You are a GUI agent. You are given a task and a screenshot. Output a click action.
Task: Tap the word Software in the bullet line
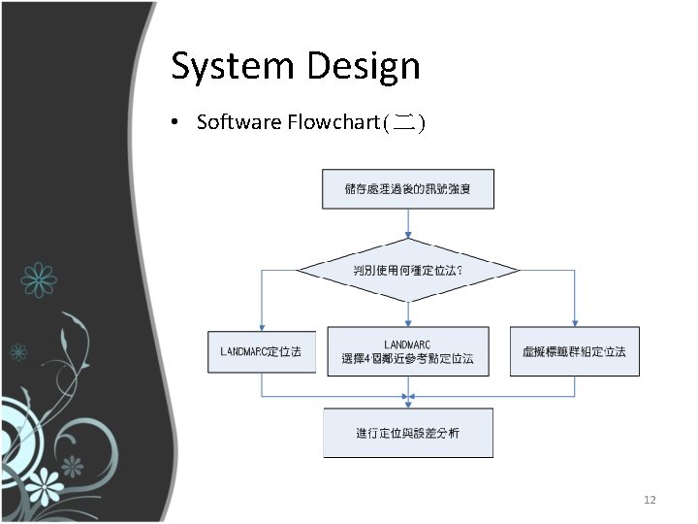pos(238,122)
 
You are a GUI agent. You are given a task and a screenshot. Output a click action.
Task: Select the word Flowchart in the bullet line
pos(333,122)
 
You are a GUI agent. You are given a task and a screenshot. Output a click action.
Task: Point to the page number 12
pos(650,500)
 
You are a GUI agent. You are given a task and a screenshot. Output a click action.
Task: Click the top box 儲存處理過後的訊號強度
pos(407,188)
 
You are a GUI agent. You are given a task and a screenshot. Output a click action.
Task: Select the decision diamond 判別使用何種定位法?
pos(407,269)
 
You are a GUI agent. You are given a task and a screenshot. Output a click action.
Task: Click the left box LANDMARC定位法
pos(261,350)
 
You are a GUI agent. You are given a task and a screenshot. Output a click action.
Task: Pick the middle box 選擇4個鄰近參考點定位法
pos(407,351)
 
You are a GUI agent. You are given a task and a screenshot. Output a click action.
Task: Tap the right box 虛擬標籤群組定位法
pos(574,350)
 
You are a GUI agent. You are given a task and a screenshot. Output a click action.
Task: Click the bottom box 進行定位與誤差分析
pos(407,433)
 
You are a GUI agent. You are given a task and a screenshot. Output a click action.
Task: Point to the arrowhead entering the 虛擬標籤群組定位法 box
pos(575,323)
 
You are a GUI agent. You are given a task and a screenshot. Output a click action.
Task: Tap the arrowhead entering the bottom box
pos(408,403)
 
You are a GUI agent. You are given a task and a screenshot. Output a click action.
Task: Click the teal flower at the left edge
pos(39,278)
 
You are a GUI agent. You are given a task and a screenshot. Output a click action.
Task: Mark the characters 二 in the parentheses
pos(405,122)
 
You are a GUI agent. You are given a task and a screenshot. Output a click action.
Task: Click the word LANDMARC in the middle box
pos(407,344)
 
